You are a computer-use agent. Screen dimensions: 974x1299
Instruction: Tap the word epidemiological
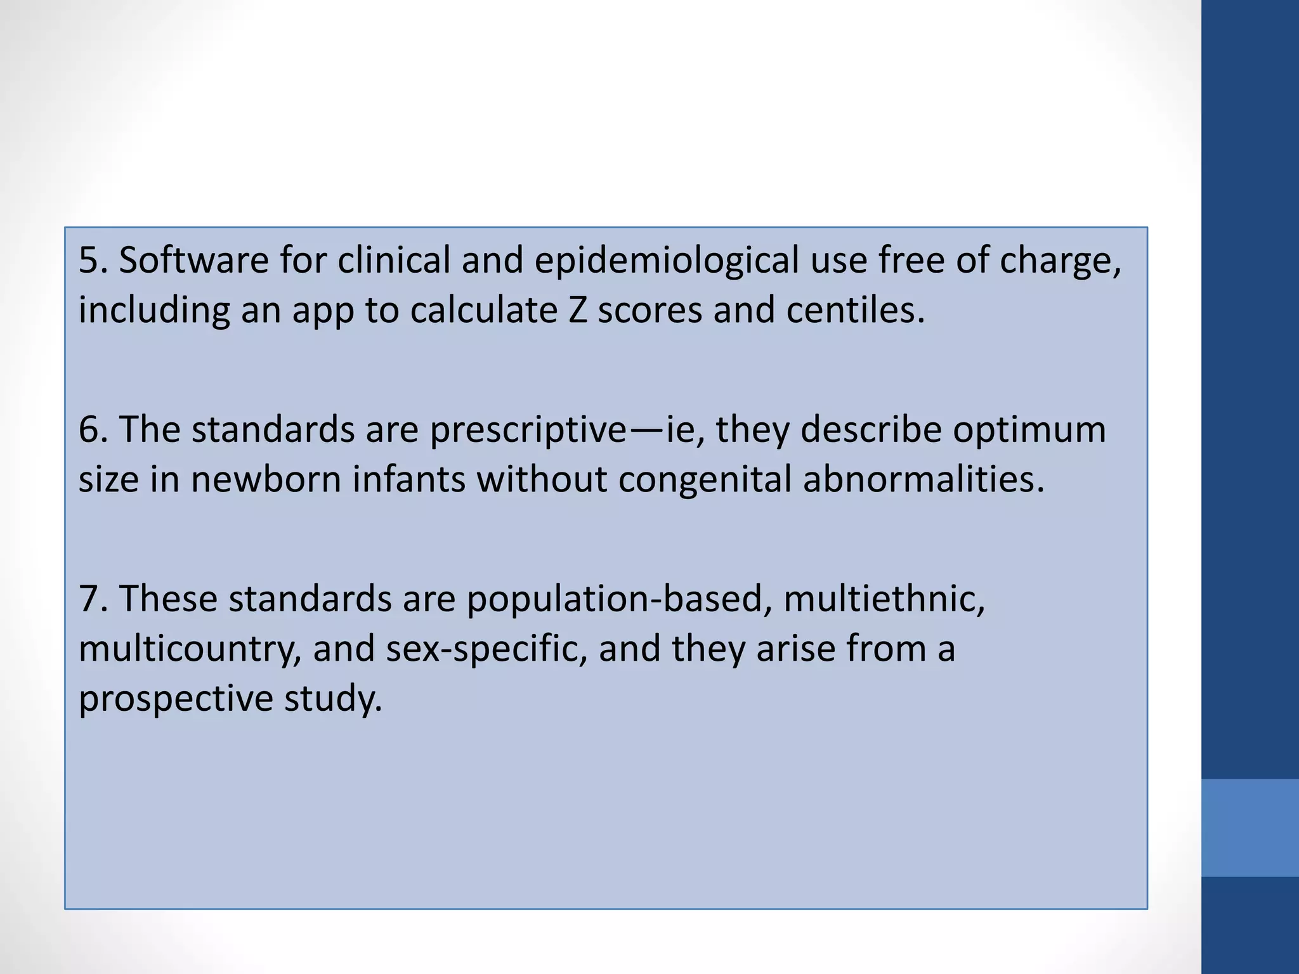point(666,261)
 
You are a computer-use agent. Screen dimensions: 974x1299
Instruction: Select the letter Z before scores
point(577,310)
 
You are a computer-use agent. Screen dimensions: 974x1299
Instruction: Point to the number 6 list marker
point(89,429)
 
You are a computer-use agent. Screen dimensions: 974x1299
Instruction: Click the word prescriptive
point(528,431)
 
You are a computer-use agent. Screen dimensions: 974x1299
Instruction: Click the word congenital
point(704,480)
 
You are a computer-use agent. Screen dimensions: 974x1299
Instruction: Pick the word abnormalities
point(923,479)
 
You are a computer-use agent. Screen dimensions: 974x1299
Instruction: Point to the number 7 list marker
point(89,599)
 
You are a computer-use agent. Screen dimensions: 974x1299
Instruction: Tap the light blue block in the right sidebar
point(1250,828)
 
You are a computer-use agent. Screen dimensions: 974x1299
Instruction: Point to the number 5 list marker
point(89,261)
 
